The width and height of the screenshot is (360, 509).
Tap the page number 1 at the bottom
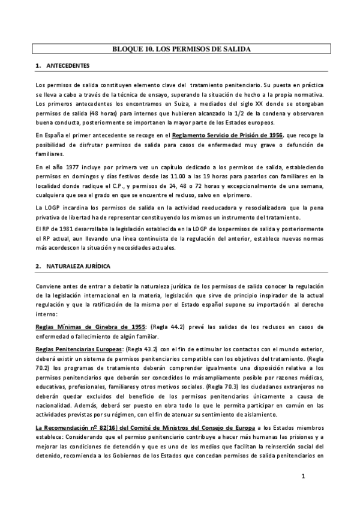[x=304, y=477]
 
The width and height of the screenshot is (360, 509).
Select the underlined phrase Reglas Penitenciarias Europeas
[x=88, y=350]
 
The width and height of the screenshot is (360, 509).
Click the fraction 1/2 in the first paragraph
[x=259, y=114]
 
